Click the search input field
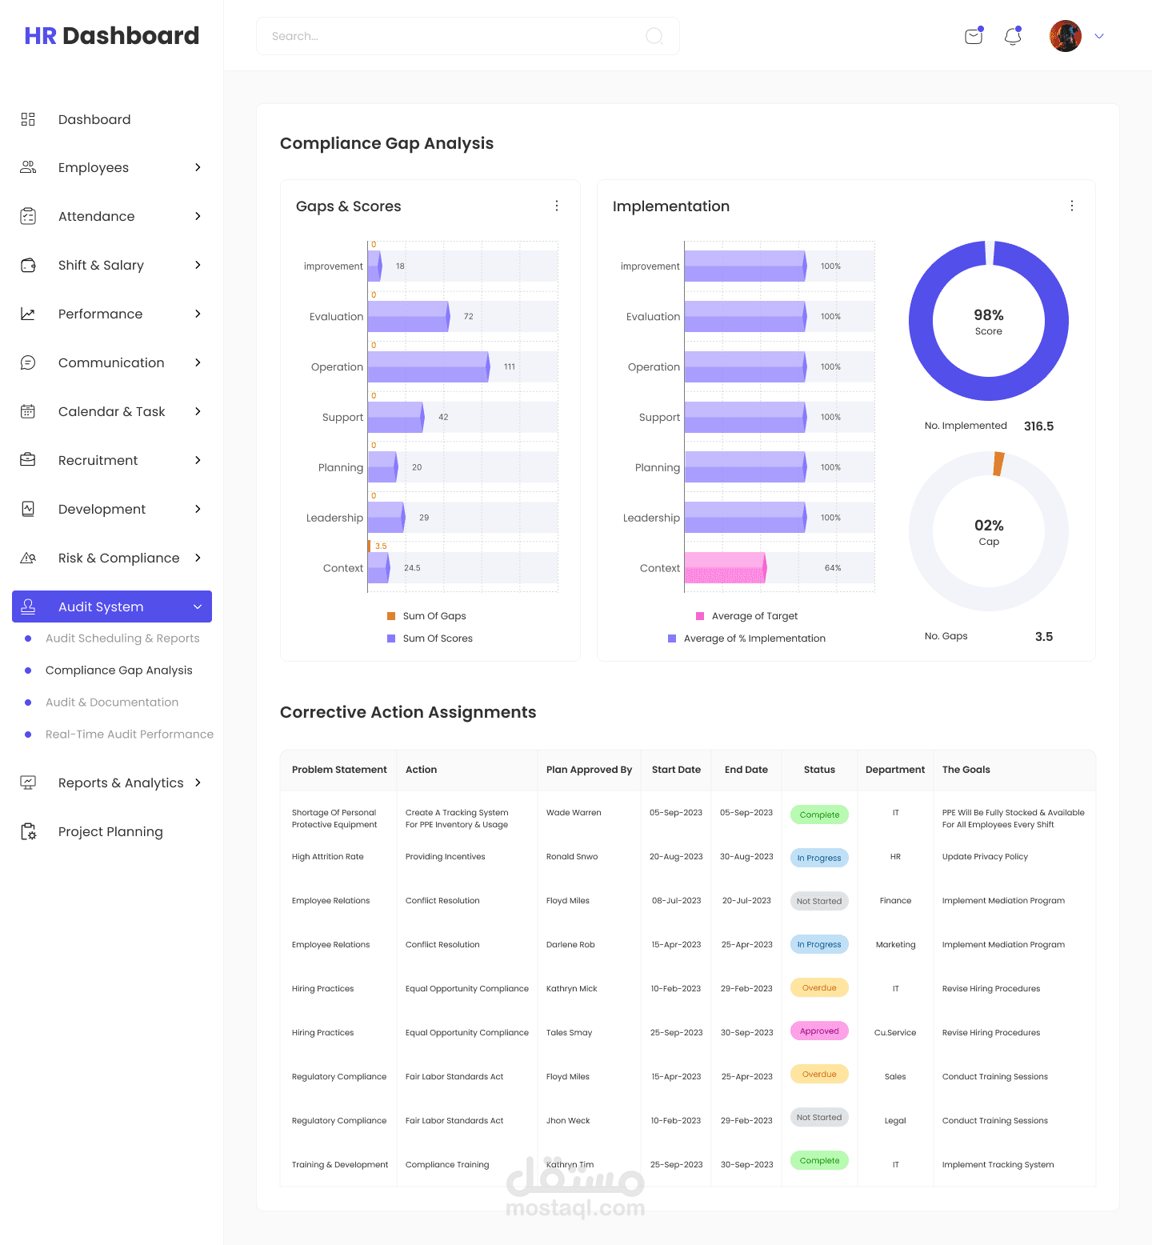(x=456, y=36)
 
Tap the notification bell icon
(x=1013, y=36)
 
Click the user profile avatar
(x=1065, y=36)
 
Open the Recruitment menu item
(x=98, y=460)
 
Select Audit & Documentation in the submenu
(x=112, y=703)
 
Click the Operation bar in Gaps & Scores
(x=427, y=366)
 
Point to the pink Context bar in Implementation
(x=724, y=567)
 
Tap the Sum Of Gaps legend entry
(x=434, y=616)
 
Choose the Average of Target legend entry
(x=754, y=616)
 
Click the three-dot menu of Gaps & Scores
(x=557, y=206)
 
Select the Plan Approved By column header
(x=589, y=770)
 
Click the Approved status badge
(x=819, y=1031)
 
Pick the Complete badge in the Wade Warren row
(x=819, y=815)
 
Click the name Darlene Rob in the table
(x=570, y=945)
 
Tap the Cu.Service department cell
(x=895, y=1033)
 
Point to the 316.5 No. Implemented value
(x=1038, y=426)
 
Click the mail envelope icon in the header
(x=974, y=36)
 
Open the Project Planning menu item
(x=110, y=832)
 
